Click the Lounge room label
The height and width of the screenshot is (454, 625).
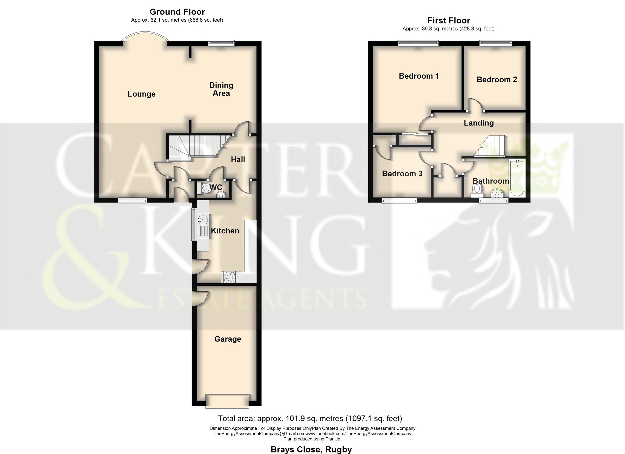[141, 94]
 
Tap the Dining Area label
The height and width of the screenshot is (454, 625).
[221, 89]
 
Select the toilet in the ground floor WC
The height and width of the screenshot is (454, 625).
[205, 189]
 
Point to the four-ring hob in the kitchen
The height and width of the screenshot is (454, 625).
[229, 277]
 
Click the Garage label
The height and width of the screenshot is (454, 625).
[228, 339]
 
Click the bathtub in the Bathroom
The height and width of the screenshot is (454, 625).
[517, 178]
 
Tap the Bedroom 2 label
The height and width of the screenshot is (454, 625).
[497, 80]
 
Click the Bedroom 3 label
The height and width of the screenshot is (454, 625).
[402, 174]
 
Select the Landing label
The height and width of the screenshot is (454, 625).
[478, 123]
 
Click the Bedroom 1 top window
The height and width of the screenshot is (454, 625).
[418, 43]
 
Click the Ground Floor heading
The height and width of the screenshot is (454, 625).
[177, 12]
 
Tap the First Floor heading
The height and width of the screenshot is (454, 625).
[448, 20]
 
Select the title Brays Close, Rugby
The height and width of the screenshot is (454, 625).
[311, 449]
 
